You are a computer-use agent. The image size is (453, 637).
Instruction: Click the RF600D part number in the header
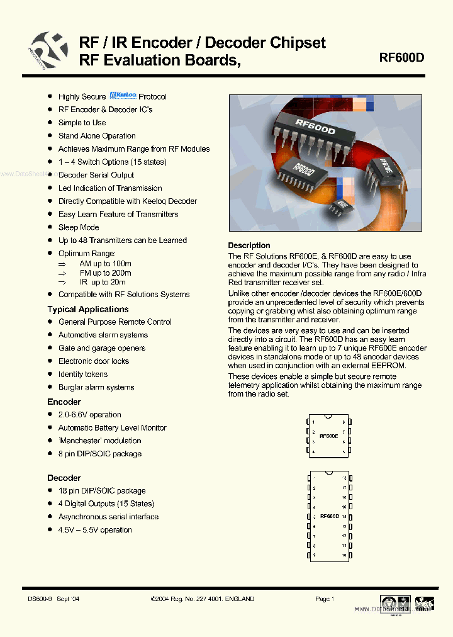pyautogui.click(x=401, y=57)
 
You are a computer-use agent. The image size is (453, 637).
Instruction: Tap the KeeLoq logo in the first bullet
pyautogui.click(x=123, y=96)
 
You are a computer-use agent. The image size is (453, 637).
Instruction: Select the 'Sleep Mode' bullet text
pyautogui.click(x=79, y=227)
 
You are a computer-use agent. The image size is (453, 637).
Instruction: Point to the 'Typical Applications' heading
pyautogui.click(x=88, y=309)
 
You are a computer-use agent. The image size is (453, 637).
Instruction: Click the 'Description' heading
pyautogui.click(x=249, y=245)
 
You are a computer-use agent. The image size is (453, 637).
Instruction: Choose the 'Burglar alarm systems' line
pyautogui.click(x=96, y=387)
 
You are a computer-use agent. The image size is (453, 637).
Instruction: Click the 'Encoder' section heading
pyautogui.click(x=64, y=402)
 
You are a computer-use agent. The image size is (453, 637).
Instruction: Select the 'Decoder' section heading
pyautogui.click(x=64, y=478)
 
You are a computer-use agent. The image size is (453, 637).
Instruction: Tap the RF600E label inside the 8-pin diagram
pyautogui.click(x=328, y=436)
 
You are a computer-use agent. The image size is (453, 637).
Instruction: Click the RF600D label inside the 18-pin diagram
pyautogui.click(x=329, y=516)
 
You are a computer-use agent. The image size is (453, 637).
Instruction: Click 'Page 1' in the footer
pyautogui.click(x=325, y=599)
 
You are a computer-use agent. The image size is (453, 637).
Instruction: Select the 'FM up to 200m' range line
pyautogui.click(x=105, y=273)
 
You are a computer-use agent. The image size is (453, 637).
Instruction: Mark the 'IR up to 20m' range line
pyautogui.click(x=102, y=283)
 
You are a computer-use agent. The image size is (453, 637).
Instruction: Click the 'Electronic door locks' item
pyautogui.click(x=94, y=361)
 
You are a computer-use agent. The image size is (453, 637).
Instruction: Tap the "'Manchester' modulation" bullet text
pyautogui.click(x=100, y=441)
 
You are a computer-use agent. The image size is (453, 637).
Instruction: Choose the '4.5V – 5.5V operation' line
pyautogui.click(x=95, y=530)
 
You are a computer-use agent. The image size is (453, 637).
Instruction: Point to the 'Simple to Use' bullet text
pyautogui.click(x=82, y=123)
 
